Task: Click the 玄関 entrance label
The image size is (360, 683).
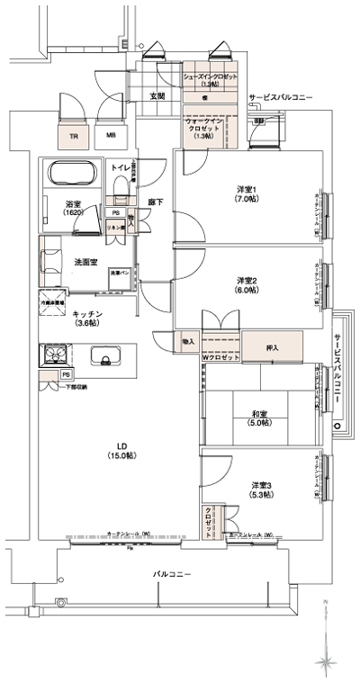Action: (157, 95)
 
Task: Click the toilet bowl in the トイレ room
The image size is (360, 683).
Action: (121, 186)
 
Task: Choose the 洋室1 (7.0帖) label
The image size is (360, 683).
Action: (247, 194)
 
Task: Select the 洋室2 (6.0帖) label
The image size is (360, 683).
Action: (247, 284)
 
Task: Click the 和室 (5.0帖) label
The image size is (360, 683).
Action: (262, 419)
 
